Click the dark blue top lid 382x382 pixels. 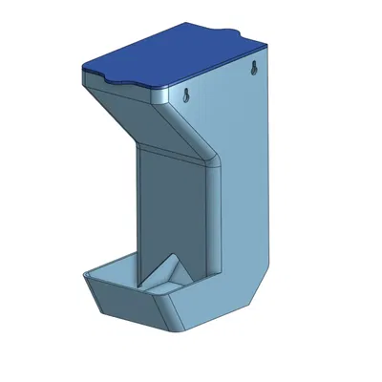click(x=172, y=57)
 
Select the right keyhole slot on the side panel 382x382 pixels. click(x=255, y=69)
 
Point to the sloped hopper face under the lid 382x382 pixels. click(x=153, y=119)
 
